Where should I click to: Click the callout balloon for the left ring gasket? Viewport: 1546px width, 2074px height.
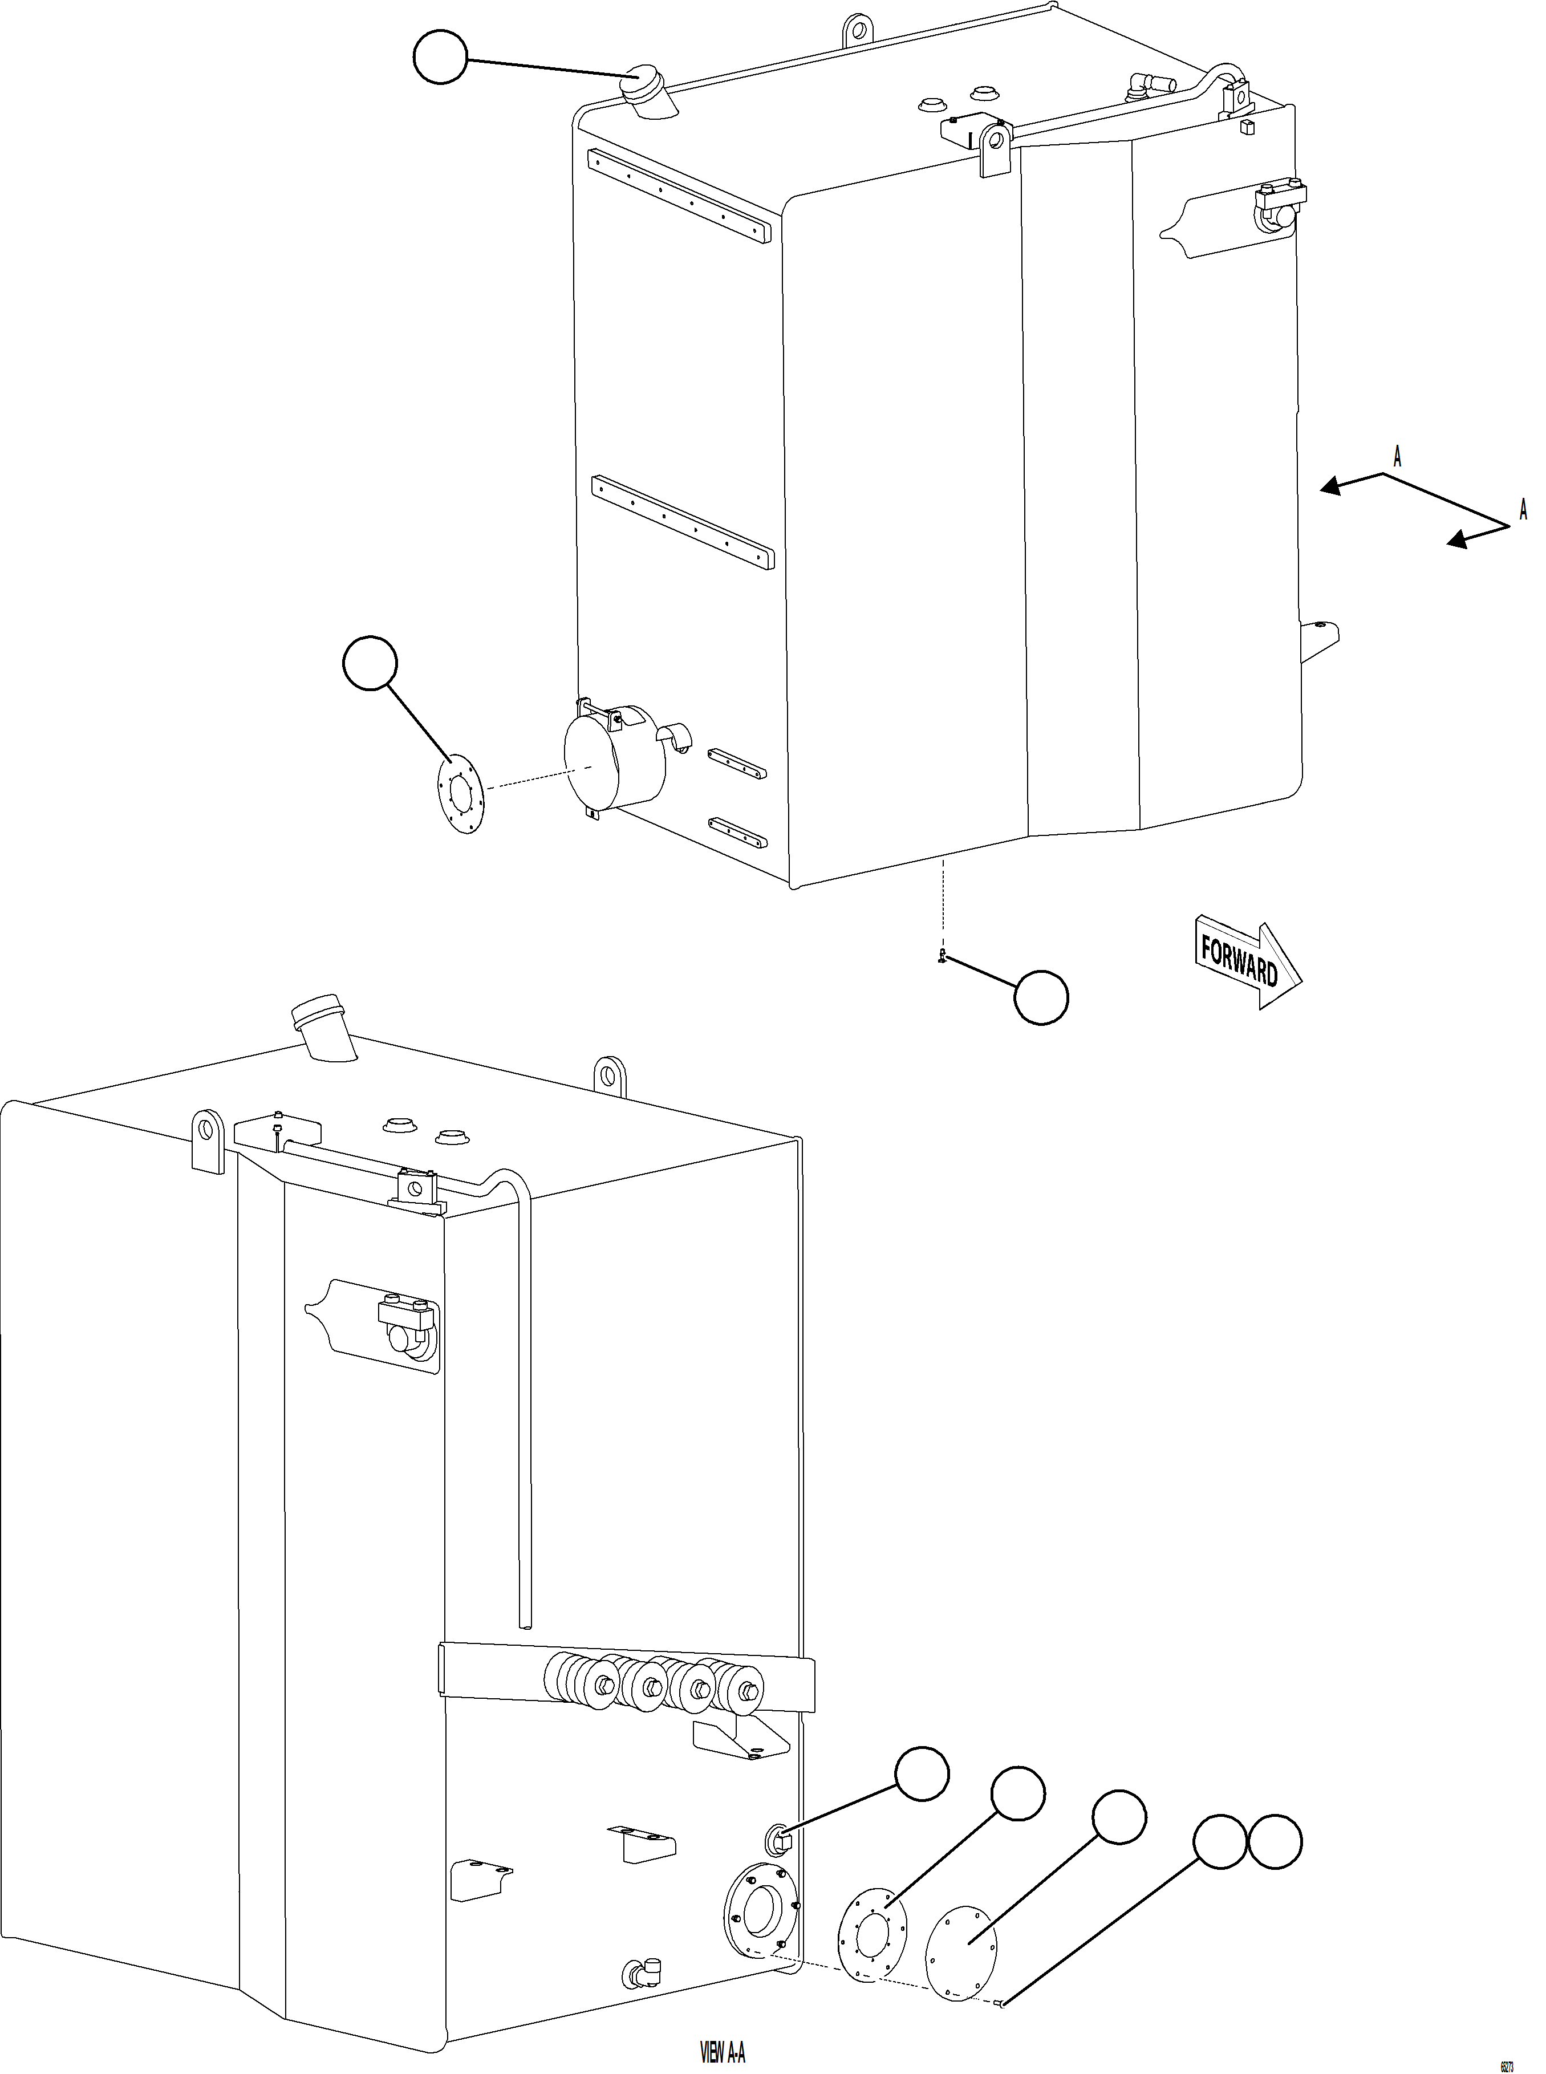[371, 664]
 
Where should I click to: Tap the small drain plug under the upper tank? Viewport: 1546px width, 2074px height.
[943, 956]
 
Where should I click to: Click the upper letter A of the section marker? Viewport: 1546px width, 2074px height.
[1397, 458]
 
